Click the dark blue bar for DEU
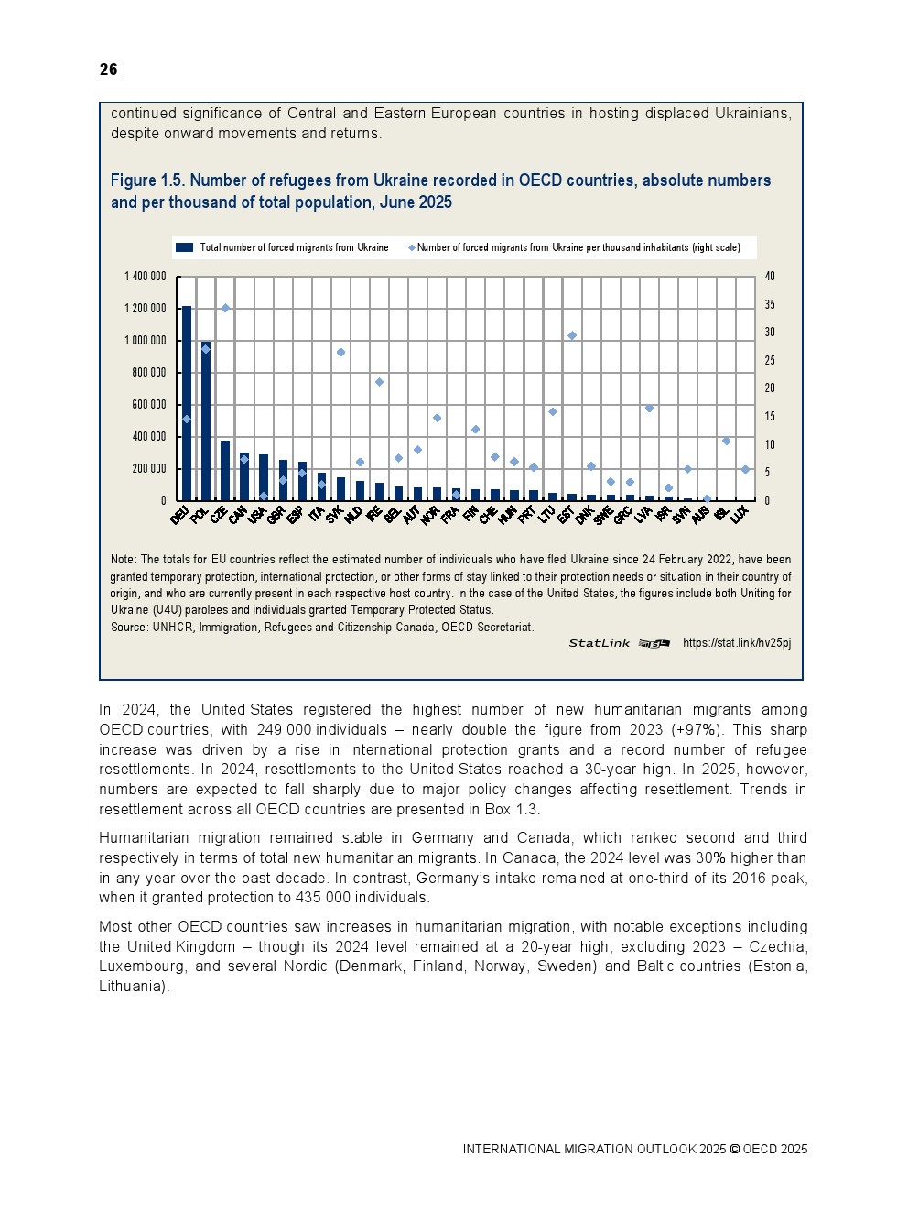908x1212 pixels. pos(187,403)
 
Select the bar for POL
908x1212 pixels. pos(206,421)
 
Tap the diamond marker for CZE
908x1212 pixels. pos(225,308)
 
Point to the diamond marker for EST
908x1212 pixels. pos(572,335)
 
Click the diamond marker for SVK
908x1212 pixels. pos(340,352)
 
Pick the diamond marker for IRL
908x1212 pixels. pos(379,382)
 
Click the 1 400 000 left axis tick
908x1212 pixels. pos(146,277)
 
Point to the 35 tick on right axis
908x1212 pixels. pos(770,304)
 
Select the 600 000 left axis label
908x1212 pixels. pos(149,405)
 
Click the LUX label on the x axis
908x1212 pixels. pos(740,514)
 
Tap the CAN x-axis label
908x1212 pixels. pos(238,516)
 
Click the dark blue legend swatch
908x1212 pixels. pos(184,247)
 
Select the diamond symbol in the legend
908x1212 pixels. pos(412,247)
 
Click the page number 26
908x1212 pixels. pos(108,70)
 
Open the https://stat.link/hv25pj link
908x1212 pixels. pos(736,643)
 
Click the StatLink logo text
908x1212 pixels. pos(600,643)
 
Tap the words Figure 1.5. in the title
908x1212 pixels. pos(147,180)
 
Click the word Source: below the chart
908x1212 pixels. pos(129,627)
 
